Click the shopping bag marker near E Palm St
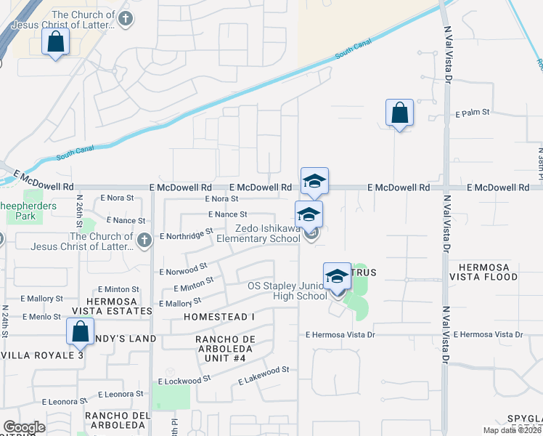point(399,113)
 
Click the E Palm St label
point(473,113)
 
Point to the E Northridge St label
point(185,234)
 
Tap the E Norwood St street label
point(183,270)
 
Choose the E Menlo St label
point(41,317)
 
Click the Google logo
point(24,427)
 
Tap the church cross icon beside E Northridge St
point(144,241)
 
